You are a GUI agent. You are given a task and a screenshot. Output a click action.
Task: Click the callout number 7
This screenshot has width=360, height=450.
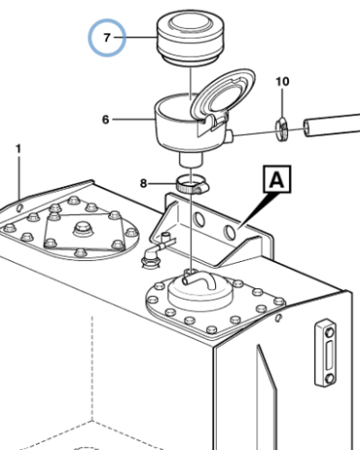107,38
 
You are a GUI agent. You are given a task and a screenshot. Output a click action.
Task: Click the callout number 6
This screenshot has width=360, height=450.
105,120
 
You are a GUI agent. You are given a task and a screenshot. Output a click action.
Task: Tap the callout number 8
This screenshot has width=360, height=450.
144,184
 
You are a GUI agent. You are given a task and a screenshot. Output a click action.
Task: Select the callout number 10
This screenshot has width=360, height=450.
283,82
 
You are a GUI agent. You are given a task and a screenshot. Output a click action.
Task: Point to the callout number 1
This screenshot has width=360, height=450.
19,148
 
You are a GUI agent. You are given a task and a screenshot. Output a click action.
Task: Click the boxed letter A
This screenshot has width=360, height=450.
277,179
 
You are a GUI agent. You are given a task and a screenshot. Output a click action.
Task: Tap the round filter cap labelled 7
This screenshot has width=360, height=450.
190,38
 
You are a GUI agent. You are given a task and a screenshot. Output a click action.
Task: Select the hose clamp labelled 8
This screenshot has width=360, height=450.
192,185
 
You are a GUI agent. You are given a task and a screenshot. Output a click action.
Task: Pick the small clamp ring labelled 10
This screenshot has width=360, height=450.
283,130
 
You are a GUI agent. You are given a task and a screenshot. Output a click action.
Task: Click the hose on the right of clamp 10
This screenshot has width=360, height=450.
331,125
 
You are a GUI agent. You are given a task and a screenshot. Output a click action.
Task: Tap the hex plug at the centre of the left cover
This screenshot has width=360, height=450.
83,229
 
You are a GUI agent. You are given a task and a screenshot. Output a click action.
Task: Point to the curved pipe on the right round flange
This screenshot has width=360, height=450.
200,280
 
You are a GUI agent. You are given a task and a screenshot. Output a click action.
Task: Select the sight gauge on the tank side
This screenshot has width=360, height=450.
326,353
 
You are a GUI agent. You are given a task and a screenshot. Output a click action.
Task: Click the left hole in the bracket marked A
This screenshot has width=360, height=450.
198,220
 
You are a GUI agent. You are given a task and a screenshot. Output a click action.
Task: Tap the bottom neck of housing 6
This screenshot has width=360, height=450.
192,159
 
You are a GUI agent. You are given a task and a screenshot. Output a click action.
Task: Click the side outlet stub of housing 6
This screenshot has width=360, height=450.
229,136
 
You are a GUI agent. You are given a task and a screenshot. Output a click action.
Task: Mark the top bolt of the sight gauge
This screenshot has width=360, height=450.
329,332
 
